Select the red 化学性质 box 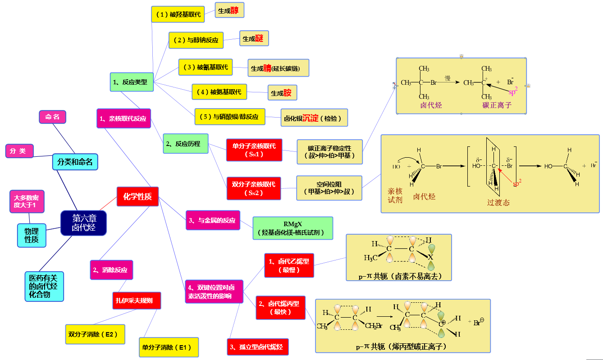point(137,196)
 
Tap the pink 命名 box point(53,117)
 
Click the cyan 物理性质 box point(32,235)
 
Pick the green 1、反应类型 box point(132,82)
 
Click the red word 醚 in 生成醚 point(259,39)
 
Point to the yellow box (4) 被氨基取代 point(219,92)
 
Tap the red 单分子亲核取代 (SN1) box point(254,150)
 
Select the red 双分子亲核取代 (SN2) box point(254,188)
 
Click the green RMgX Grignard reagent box point(292,228)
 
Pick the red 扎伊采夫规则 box point(137,301)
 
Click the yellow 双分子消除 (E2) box point(95,334)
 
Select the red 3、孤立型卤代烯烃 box point(257,347)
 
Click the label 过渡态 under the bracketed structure point(498,202)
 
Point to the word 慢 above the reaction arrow point(448,78)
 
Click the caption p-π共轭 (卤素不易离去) point(398,276)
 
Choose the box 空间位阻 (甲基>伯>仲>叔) point(329,188)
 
